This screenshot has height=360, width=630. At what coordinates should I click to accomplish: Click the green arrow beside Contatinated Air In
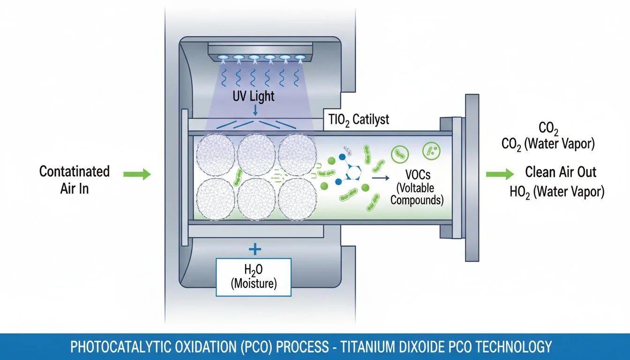(x=137, y=175)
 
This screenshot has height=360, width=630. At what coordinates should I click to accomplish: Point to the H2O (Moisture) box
(x=253, y=277)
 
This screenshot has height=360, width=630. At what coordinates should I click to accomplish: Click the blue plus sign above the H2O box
(x=253, y=247)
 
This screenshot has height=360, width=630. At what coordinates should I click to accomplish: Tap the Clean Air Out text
(x=561, y=172)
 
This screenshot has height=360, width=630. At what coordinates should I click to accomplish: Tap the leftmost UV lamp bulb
(x=223, y=58)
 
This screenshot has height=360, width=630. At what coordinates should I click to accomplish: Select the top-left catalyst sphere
(x=215, y=155)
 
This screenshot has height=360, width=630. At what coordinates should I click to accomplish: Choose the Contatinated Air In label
(x=75, y=180)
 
